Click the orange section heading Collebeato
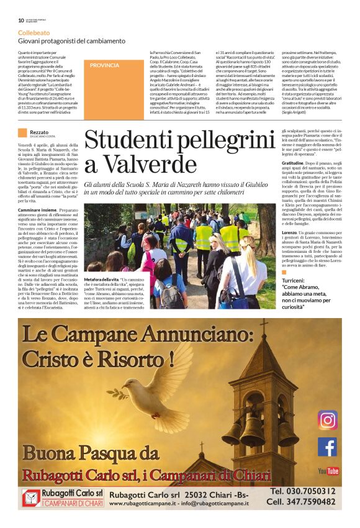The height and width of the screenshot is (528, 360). click(34, 30)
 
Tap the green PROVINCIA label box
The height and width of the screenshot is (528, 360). click(105, 65)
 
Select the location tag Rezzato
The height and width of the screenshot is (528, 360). click(39, 132)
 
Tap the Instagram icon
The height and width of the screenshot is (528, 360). click(327, 421)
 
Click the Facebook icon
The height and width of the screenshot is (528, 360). click(327, 447)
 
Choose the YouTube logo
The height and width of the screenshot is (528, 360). click(328, 471)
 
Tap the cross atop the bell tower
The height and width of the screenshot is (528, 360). click(264, 326)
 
